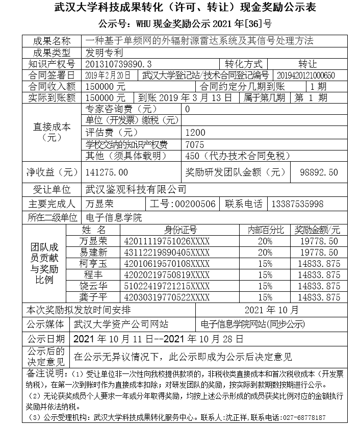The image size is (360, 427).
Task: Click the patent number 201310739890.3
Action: click(119, 64)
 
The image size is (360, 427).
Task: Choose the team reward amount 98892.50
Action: click(319, 172)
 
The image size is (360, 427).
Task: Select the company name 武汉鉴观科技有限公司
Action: click(136, 189)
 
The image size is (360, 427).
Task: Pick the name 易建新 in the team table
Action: click(93, 253)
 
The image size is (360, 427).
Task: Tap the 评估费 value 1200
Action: click(196, 132)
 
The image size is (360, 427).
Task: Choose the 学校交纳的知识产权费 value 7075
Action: click(196, 144)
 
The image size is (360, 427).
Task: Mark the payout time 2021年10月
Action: click(272, 310)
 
